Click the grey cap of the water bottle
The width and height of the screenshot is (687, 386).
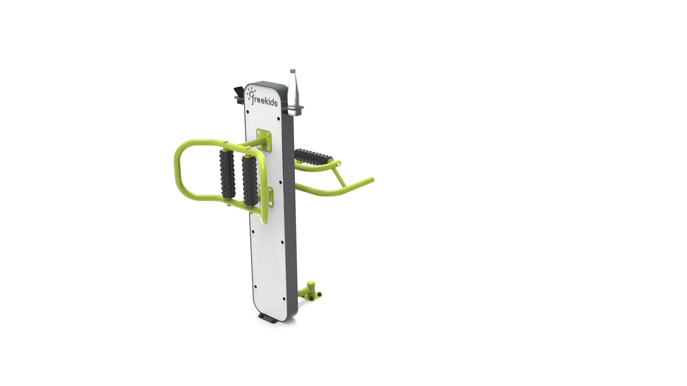(x=292, y=71)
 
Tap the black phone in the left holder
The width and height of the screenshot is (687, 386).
(x=239, y=93)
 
